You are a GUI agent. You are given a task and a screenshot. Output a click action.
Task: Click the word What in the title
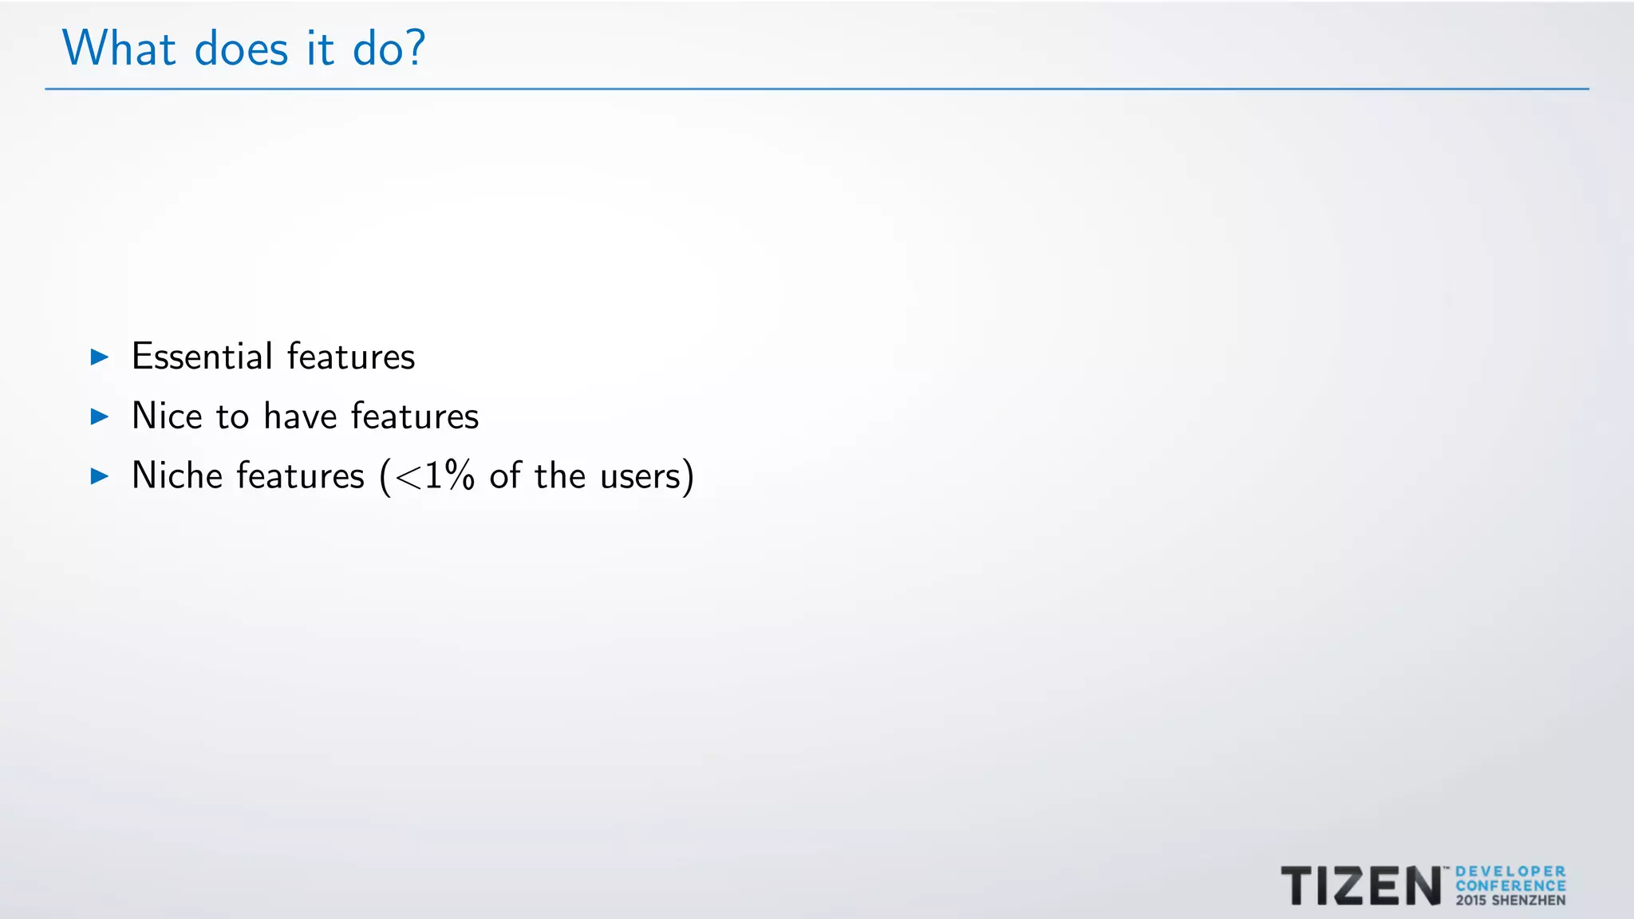[x=118, y=49]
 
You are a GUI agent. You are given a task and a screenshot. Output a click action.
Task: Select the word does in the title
[x=241, y=50]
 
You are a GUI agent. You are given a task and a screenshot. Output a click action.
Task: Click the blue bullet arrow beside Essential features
[x=100, y=357]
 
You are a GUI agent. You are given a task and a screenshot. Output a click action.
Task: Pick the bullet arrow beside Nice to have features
[x=100, y=416]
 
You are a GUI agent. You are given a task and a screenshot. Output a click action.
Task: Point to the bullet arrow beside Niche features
[x=100, y=476]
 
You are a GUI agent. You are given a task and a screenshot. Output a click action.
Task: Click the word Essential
[x=202, y=357]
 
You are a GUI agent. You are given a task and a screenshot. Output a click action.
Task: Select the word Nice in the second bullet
[x=167, y=416]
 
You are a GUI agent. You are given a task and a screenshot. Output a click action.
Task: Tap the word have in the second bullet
[x=300, y=416]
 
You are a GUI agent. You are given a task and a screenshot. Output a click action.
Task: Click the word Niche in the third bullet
[x=177, y=476]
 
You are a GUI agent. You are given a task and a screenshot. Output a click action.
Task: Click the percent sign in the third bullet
[x=460, y=476]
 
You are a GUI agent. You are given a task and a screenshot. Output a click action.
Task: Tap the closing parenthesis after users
[x=689, y=477]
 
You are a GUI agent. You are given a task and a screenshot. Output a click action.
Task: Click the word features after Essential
[x=351, y=357]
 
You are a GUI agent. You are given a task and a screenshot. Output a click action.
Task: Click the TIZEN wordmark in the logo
[x=1360, y=886]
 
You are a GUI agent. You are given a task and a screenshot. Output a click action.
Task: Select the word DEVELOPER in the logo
[x=1510, y=872]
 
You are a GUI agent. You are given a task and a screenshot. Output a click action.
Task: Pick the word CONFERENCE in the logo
[x=1510, y=885]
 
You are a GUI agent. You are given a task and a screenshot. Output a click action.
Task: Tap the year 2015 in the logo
[x=1470, y=901]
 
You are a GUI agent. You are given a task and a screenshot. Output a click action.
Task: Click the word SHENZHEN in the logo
[x=1528, y=901]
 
